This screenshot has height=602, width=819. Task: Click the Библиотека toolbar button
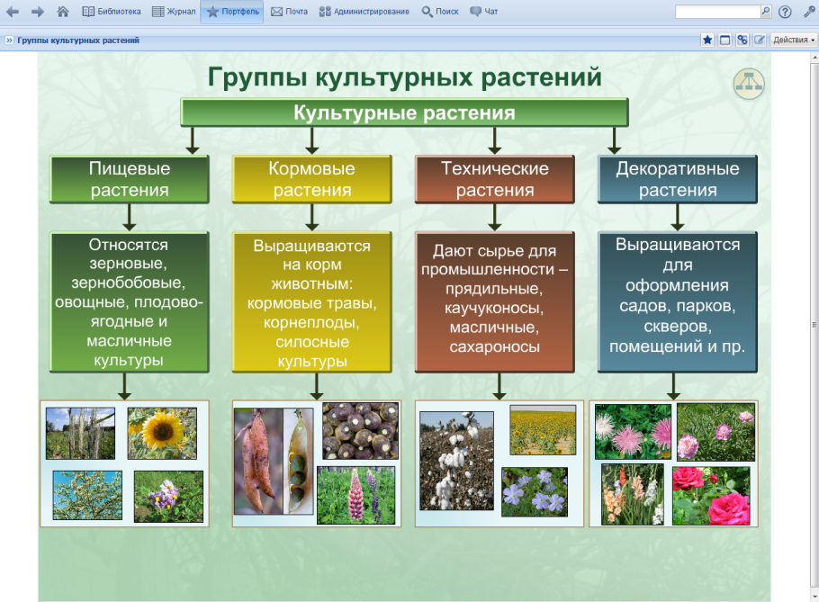coord(112,12)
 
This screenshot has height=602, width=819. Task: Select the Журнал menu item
coord(174,12)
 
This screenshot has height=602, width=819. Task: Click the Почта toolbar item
coord(289,12)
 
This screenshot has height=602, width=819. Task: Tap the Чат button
coord(483,12)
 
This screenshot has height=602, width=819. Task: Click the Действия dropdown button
coord(794,40)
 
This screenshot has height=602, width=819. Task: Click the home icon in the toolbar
coord(62,12)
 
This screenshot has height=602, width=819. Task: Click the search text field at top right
coord(717,12)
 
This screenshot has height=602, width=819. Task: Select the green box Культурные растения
coord(404,112)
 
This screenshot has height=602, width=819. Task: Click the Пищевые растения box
coord(130,179)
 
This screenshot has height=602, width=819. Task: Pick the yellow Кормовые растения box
coord(312,179)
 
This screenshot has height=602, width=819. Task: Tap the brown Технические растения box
coord(494,179)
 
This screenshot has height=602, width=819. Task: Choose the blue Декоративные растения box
coord(678,179)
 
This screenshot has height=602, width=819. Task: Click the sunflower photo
coord(162,433)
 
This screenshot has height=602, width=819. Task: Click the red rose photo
coord(710,495)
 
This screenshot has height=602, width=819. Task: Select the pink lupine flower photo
coord(357,495)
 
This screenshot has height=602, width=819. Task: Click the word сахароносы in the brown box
coord(494,346)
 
